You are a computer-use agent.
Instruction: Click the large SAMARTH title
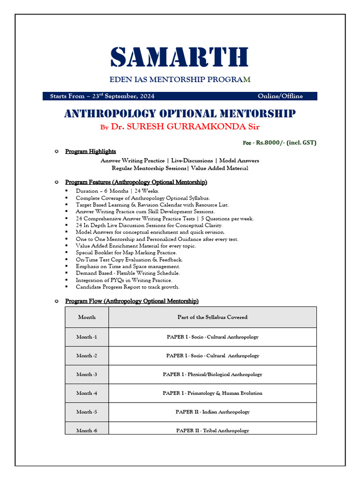180,57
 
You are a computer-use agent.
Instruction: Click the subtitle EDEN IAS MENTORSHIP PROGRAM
180,80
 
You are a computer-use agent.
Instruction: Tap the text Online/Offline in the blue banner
280,96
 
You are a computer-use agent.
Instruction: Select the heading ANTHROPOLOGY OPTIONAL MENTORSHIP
180,113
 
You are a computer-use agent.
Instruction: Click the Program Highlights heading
90,151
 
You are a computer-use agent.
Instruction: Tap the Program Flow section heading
132,301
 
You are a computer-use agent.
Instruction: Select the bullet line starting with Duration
117,191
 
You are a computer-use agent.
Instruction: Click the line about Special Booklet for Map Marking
126,253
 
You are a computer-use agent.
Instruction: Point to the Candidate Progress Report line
127,287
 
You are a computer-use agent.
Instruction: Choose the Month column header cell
87,317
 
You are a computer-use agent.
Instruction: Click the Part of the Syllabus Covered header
212,317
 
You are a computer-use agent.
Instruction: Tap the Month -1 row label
87,337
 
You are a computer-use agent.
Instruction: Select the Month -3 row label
87,375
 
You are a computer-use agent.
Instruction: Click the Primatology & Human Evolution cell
212,393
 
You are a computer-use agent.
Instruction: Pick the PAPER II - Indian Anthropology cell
212,412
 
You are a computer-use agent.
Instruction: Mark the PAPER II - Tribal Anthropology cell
212,430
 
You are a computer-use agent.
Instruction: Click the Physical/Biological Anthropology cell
212,375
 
